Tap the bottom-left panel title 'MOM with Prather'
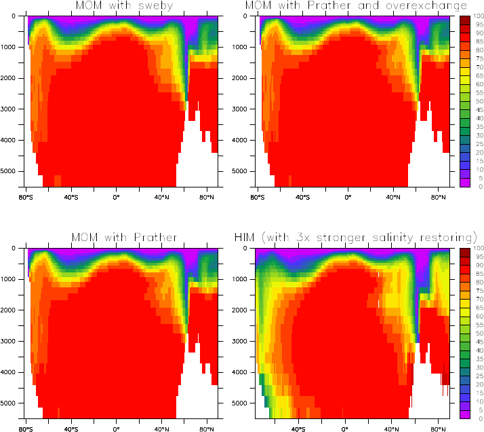point(124,237)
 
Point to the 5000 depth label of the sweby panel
point(10,170)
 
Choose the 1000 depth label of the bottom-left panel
point(10,278)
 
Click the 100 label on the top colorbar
point(479,16)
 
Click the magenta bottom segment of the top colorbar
point(464,182)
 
